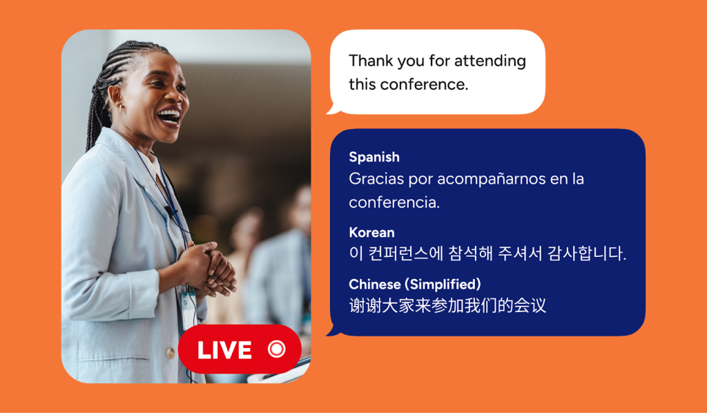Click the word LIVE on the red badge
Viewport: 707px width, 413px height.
[224, 350]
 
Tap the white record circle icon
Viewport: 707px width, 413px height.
[276, 349]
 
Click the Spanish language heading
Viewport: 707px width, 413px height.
[374, 157]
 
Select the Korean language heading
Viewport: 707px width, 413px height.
[371, 232]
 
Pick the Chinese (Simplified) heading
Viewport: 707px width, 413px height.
[415, 285]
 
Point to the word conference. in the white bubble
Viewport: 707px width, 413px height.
[425, 84]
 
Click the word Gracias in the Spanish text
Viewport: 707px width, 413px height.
[376, 179]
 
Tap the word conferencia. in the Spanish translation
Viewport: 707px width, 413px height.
[394, 202]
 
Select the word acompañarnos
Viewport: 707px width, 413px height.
[492, 180]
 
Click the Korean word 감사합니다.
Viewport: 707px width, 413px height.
[587, 253]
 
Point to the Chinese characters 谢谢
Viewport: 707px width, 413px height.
[365, 306]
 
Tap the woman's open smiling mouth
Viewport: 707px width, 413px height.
[169, 117]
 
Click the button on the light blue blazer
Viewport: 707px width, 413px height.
[171, 354]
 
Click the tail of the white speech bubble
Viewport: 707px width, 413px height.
[333, 109]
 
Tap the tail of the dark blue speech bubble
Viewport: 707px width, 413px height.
[333, 331]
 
